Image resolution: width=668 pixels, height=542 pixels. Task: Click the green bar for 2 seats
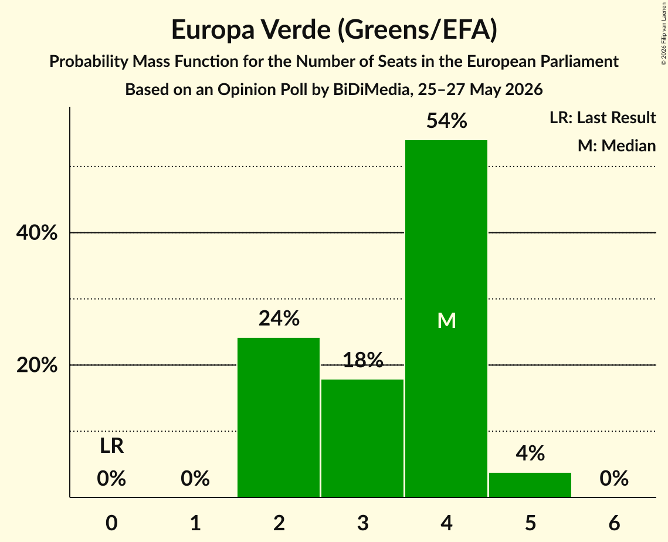pos(279,417)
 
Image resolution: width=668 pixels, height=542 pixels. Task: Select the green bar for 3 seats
pos(362,438)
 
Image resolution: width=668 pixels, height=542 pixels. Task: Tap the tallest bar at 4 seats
pos(446,319)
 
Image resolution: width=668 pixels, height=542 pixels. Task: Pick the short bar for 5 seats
pos(530,485)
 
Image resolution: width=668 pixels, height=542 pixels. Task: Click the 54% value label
pos(446,121)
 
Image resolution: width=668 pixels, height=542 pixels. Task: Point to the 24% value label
pos(279,319)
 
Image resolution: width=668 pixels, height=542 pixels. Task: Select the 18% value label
pos(363,360)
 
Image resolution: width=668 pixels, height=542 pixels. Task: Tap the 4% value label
pos(530,453)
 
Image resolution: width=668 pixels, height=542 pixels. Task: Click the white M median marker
pos(446,320)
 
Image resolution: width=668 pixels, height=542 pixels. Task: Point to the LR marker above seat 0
pos(111,446)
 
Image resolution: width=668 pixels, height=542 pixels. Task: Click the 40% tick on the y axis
pos(36,233)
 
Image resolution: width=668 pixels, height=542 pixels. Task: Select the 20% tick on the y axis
pos(36,365)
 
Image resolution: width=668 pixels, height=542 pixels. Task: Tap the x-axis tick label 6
pos(614,523)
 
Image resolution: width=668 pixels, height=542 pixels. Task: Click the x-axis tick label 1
pos(195,523)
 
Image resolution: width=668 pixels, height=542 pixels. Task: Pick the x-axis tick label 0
pos(111,523)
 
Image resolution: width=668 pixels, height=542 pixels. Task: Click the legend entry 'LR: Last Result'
pos(602,117)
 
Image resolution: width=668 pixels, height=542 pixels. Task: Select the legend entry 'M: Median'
pos(616,145)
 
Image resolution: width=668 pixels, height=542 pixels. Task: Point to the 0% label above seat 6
pos(614,479)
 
